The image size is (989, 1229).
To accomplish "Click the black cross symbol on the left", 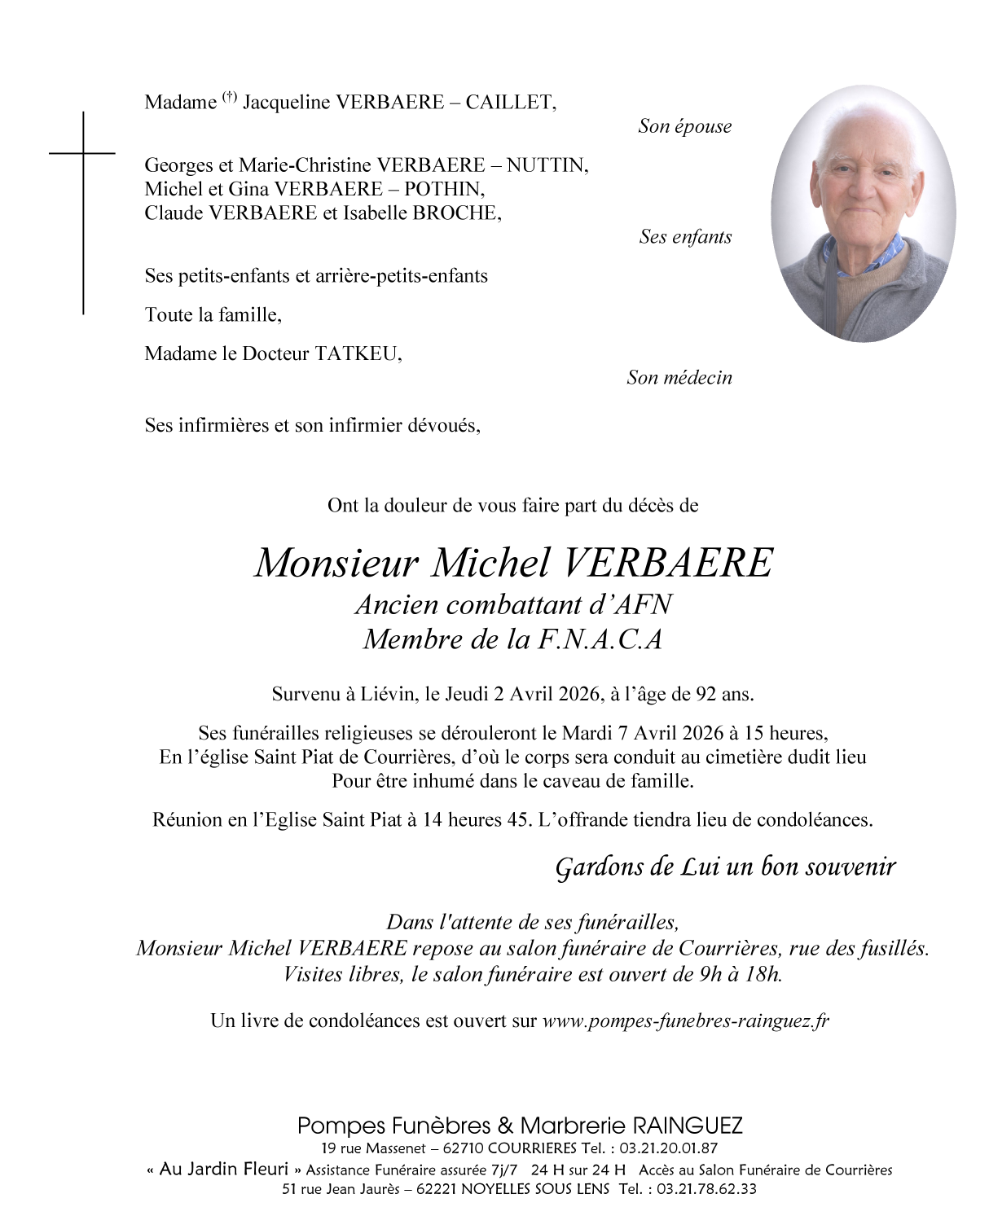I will point(82,212).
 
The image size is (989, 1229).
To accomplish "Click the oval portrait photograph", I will point(863,213).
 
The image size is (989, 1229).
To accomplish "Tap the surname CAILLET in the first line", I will point(511,103).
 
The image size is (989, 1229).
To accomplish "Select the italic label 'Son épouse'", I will point(684,126).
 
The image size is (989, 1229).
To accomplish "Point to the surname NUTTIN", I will point(547,165).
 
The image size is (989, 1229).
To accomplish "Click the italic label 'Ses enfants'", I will point(685,237).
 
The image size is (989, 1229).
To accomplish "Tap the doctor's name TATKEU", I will point(358,353).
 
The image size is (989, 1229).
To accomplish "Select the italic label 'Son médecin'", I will point(679,378).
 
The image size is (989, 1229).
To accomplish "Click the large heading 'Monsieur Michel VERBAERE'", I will point(513,563).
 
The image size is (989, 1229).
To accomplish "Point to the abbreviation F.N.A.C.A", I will point(600,639).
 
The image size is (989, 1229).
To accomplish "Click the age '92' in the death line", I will point(705,695).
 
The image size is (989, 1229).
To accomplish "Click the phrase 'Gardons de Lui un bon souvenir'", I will point(725,867).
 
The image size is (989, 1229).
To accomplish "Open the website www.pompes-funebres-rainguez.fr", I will point(685,1021).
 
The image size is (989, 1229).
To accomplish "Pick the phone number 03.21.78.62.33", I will point(706,1189).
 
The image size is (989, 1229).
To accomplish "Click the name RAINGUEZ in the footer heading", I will point(687,1126).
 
